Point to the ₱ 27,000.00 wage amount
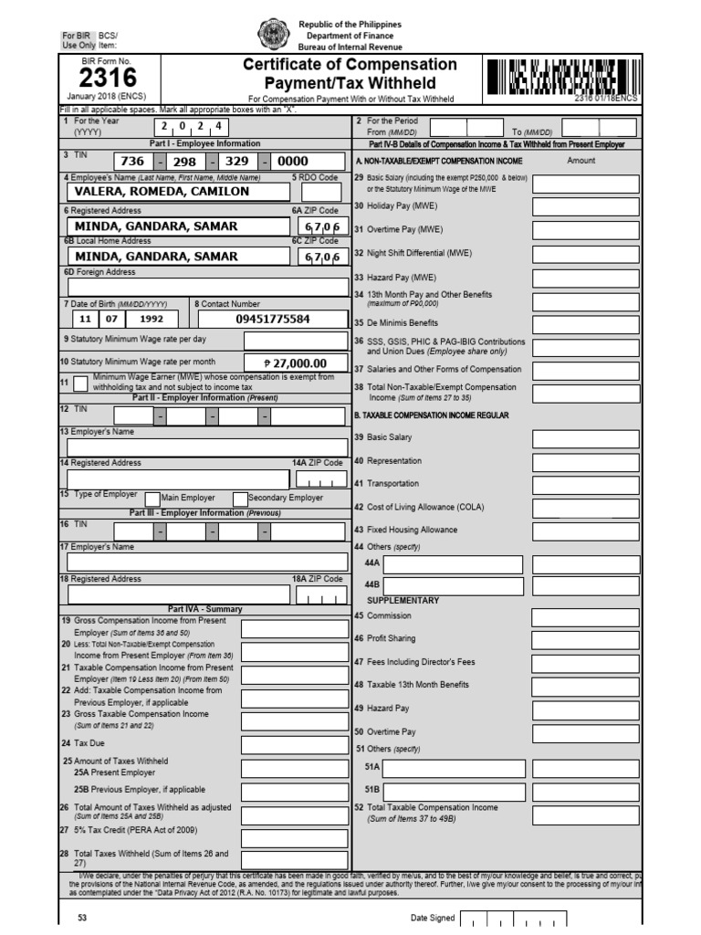(x=294, y=362)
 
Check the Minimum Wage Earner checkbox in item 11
(x=80, y=383)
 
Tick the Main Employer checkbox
(x=152, y=499)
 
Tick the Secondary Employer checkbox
(x=240, y=499)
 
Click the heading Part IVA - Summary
(x=204, y=609)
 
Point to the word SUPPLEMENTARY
(x=403, y=601)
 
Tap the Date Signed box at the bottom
(x=513, y=919)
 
